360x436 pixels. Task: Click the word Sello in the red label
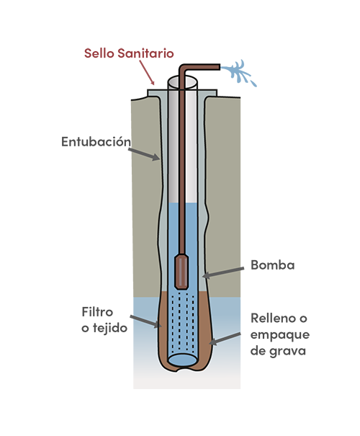[99, 53]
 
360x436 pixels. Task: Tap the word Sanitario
[145, 53]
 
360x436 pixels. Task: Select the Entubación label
[96, 141]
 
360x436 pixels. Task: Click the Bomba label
[272, 265]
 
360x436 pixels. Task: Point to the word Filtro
[97, 312]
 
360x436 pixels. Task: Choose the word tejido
[110, 328]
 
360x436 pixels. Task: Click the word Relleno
[271, 318]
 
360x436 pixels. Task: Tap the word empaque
[280, 335]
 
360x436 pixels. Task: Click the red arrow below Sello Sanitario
[147, 73]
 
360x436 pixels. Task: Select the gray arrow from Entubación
[144, 154]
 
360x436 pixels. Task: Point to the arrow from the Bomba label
[223, 272]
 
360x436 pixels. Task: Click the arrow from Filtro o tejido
[146, 321]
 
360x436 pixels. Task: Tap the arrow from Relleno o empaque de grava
[225, 339]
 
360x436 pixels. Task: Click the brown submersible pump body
[181, 272]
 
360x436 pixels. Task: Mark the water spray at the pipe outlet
[238, 73]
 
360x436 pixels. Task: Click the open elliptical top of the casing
[182, 82]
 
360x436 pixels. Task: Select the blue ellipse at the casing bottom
[182, 360]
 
